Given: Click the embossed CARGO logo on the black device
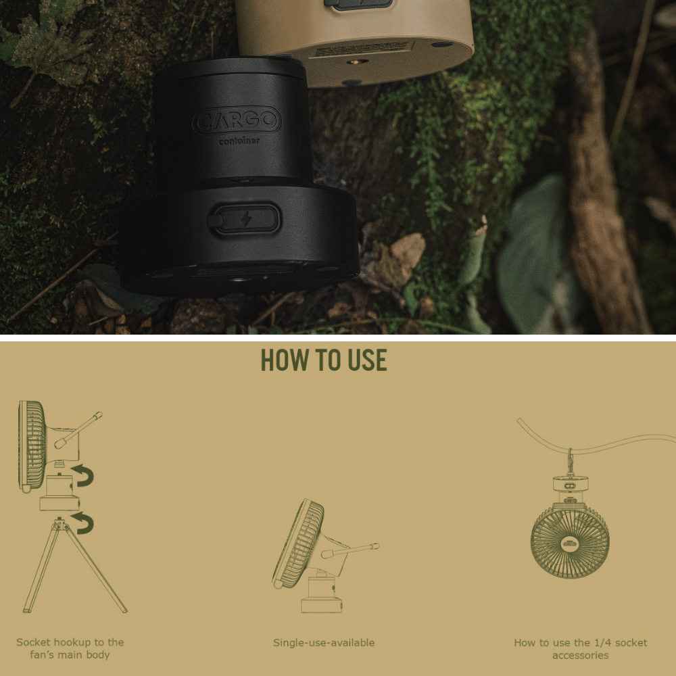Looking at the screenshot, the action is pyautogui.click(x=237, y=120).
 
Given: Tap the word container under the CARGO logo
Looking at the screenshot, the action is pyautogui.click(x=239, y=141).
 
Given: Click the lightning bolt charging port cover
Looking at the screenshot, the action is pyautogui.click(x=245, y=220).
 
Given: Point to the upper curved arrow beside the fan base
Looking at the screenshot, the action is pyautogui.click(x=83, y=475).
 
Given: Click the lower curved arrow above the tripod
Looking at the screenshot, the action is pyautogui.click(x=83, y=523).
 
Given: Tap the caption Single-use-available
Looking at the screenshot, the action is pyautogui.click(x=324, y=643).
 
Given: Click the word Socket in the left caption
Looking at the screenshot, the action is pyautogui.click(x=33, y=642).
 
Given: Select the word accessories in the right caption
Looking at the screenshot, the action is pyautogui.click(x=580, y=655).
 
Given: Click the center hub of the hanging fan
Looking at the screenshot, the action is pyautogui.click(x=570, y=543).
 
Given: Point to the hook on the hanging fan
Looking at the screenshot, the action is pyautogui.click(x=571, y=462).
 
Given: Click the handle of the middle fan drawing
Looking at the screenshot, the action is pyautogui.click(x=350, y=550).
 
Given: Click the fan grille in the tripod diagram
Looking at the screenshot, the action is pyautogui.click(x=32, y=446).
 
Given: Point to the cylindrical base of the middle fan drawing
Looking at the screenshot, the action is pyautogui.click(x=322, y=594).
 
